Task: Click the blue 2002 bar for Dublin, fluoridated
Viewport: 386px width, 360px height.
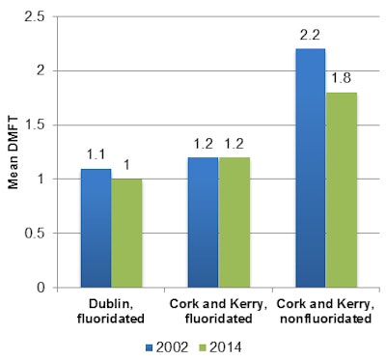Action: tap(96, 228)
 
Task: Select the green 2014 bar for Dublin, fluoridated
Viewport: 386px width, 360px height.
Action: tap(126, 233)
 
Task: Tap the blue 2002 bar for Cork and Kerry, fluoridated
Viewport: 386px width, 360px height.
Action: tap(204, 222)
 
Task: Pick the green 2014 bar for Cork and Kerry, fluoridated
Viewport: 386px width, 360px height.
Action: tap(234, 222)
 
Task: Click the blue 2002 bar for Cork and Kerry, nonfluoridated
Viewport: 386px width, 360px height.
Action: tap(312, 168)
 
